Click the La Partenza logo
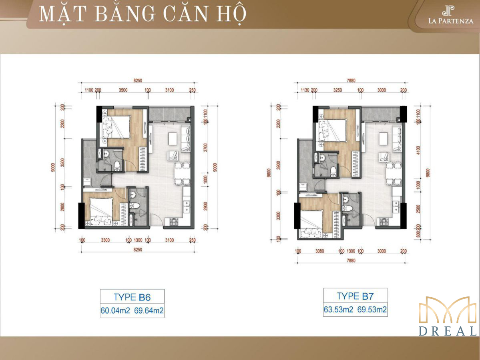(450, 15)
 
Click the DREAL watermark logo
(448, 316)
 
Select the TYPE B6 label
(132, 297)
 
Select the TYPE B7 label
(355, 296)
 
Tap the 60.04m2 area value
(115, 310)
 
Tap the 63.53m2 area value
(338, 309)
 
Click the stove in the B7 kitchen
(384, 222)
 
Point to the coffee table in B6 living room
(173, 138)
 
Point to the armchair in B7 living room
(385, 157)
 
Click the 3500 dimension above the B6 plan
(123, 90)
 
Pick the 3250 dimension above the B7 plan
(337, 90)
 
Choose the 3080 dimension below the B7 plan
(319, 251)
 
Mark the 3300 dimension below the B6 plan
(105, 240)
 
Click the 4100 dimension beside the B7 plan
(418, 150)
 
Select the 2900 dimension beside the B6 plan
(205, 206)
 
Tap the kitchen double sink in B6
(187, 206)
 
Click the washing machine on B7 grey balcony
(303, 186)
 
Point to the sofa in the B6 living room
(185, 138)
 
